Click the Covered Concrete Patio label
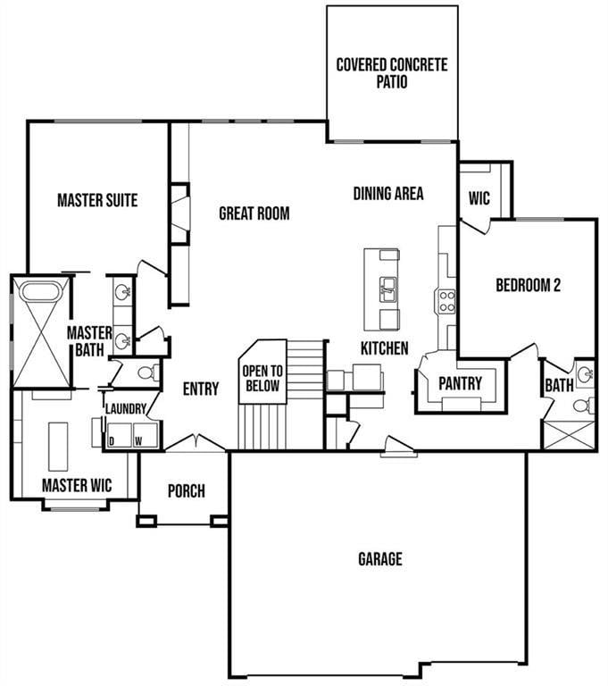point(391,72)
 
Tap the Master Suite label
point(97,200)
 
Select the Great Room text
point(254,213)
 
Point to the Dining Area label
point(388,193)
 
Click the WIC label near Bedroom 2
point(479,198)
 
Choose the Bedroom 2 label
point(528,286)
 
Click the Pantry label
point(461,383)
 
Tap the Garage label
point(380,559)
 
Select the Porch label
point(187,490)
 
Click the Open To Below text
point(262,379)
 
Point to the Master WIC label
point(77,486)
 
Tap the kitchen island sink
point(388,288)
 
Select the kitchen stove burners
point(446,300)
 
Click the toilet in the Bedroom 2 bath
point(581,406)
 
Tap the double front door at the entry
point(196,442)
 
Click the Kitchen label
point(384,347)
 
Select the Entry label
point(201,389)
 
